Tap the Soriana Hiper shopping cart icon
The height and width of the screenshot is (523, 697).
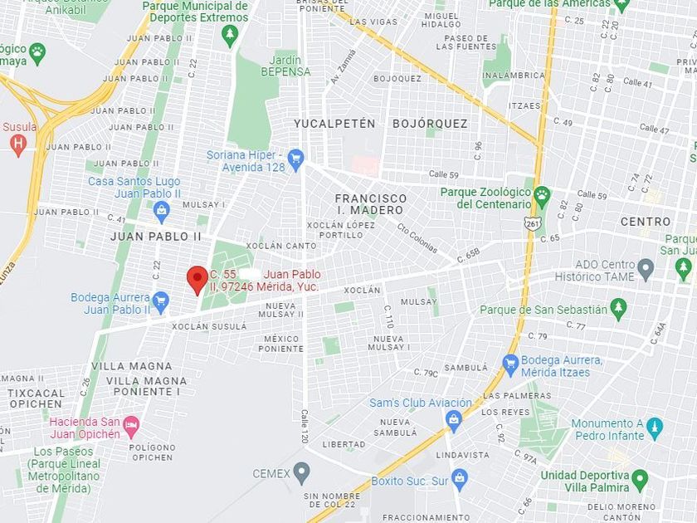point(295,158)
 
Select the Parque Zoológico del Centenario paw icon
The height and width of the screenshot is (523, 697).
point(542,197)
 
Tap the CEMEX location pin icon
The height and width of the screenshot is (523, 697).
point(302,473)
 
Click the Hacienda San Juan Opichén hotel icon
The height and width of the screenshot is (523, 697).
point(131,427)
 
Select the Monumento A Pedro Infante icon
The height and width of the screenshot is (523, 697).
point(655,428)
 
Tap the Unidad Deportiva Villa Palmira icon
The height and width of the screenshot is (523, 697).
point(639,479)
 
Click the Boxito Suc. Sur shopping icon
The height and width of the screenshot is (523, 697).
point(459,478)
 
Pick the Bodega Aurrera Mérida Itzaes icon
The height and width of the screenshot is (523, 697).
point(510,364)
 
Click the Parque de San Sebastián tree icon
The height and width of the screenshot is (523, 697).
point(618,309)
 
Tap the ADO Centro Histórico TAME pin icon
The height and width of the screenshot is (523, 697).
point(646,269)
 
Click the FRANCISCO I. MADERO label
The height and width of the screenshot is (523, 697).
point(371,204)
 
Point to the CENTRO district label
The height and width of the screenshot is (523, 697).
point(646,222)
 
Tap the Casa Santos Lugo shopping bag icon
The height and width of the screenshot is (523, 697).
point(162,209)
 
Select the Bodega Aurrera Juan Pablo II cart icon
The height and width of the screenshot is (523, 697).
point(161,301)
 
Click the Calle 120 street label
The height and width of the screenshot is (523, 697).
point(305,426)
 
